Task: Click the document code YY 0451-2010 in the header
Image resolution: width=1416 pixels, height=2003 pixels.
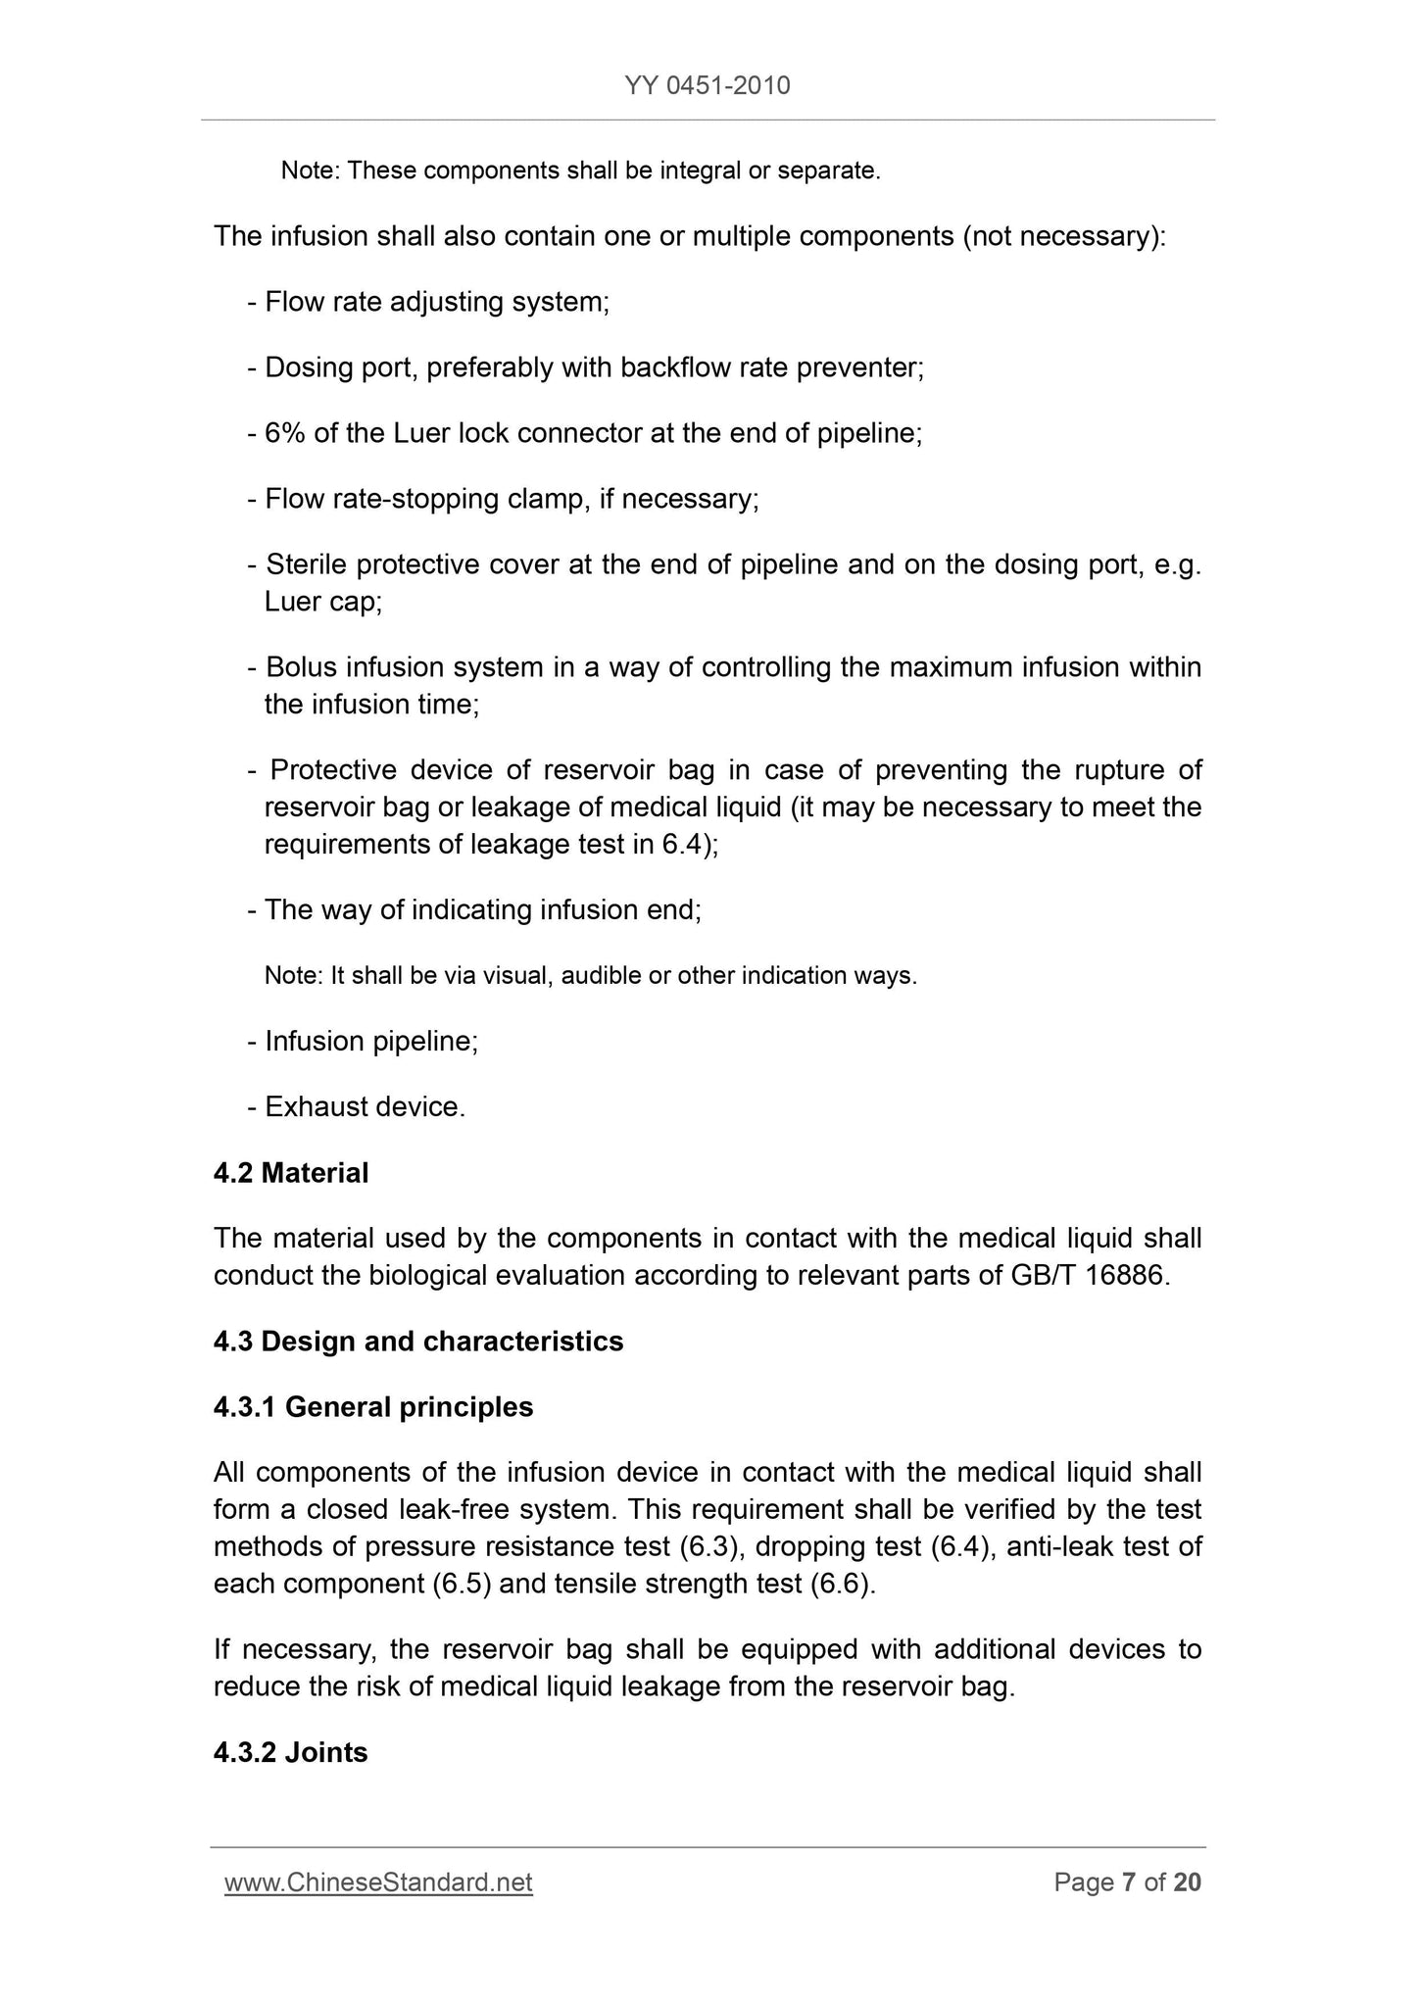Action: point(707,86)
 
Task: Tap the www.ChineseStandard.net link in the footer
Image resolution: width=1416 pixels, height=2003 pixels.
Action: point(378,1881)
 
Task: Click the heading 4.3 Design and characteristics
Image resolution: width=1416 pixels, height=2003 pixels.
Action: point(418,1341)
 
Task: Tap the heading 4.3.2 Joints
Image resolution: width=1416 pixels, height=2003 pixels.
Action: point(291,1751)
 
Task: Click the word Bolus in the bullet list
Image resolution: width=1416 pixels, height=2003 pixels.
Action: point(301,667)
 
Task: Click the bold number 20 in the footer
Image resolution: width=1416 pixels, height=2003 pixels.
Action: point(1187,1881)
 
